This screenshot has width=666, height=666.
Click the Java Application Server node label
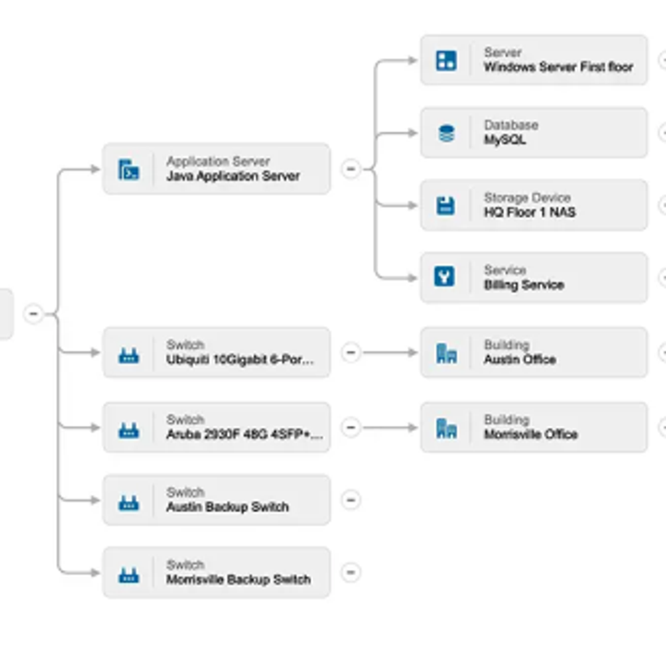pyautogui.click(x=232, y=176)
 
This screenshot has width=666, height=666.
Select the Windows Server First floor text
pyautogui.click(x=558, y=67)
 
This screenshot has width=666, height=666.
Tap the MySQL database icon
pyautogui.click(x=446, y=133)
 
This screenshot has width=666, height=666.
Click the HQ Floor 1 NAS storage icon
pyautogui.click(x=446, y=205)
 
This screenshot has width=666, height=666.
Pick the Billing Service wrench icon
pyautogui.click(x=445, y=277)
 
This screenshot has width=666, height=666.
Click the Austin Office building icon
pyautogui.click(x=446, y=353)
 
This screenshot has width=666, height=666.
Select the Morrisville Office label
pyautogui.click(x=530, y=434)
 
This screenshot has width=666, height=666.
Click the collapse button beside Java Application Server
pyautogui.click(x=350, y=169)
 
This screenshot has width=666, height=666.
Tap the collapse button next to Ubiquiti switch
pyautogui.click(x=350, y=353)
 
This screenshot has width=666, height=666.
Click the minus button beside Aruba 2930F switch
pyautogui.click(x=350, y=427)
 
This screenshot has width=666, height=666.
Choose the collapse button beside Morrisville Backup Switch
pyautogui.click(x=350, y=572)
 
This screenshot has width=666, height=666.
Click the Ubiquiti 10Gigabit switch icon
pyautogui.click(x=128, y=355)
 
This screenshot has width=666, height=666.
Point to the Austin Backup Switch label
pyautogui.click(x=227, y=507)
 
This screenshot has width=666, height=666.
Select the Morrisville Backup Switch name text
pyautogui.click(x=238, y=580)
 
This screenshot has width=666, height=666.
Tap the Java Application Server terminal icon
pyautogui.click(x=128, y=170)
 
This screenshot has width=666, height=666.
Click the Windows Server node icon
pyautogui.click(x=446, y=60)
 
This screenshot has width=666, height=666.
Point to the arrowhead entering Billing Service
pyautogui.click(x=412, y=277)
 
